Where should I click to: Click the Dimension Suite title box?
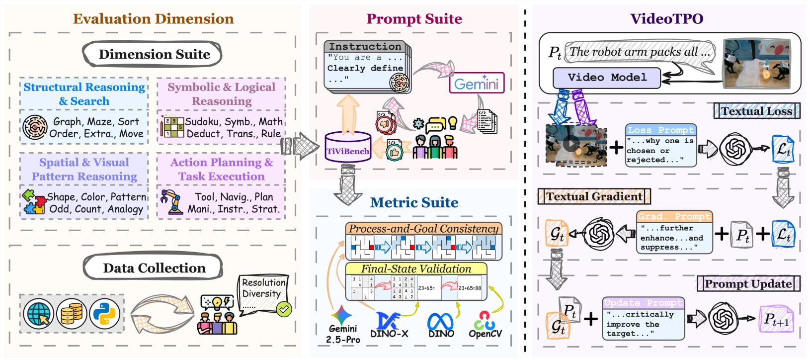pos(154,54)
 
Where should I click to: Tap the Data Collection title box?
pos(154,268)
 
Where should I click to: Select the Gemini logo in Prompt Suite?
pos(476,84)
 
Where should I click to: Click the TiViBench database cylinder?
pos(348,147)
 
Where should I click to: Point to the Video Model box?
pos(607,78)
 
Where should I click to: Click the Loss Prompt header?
pos(660,130)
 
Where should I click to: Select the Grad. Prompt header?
pos(674,216)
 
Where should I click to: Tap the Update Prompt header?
pos(643,302)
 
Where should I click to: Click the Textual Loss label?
pos(756,111)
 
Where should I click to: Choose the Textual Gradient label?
pos(594,196)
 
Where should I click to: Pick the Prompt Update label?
pos(748,284)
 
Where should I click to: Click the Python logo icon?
pos(105,314)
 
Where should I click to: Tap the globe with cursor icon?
pos(39,314)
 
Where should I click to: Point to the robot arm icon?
pos(171,202)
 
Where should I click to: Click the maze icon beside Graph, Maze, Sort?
pos(35,127)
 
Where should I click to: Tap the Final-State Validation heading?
pos(416,269)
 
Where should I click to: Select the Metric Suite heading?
pos(414,202)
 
